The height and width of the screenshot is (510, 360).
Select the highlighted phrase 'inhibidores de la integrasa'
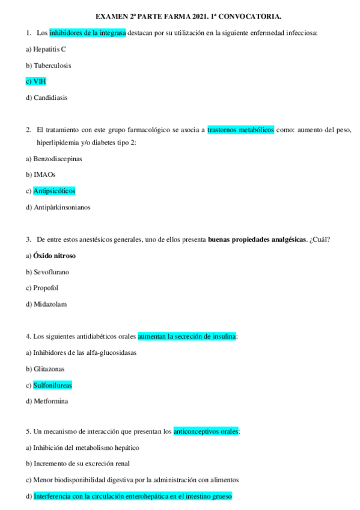pos(87,32)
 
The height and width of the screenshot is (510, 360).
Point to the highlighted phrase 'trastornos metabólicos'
pos(240,129)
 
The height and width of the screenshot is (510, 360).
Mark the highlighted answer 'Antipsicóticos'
pos(54,191)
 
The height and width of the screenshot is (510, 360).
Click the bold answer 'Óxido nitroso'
pos(54,256)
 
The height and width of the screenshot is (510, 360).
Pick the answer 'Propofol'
pos(46,288)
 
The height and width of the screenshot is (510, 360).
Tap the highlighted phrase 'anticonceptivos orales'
pos(206,431)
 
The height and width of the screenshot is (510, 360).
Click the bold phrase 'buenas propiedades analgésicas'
pos(257,239)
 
